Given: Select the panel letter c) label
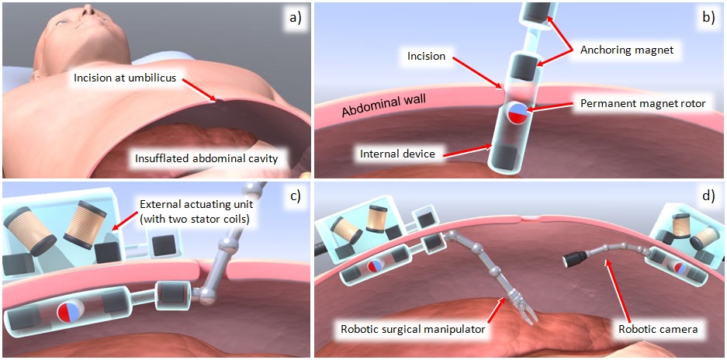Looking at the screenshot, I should click(x=293, y=197).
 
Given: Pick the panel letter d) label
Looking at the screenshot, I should click(x=705, y=197).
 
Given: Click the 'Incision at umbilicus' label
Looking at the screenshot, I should click(x=126, y=78).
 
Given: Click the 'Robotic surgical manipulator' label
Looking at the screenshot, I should click(x=412, y=328).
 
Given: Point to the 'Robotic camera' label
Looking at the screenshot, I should click(x=658, y=328).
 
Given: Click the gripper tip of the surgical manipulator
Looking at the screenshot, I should click(x=528, y=317).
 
